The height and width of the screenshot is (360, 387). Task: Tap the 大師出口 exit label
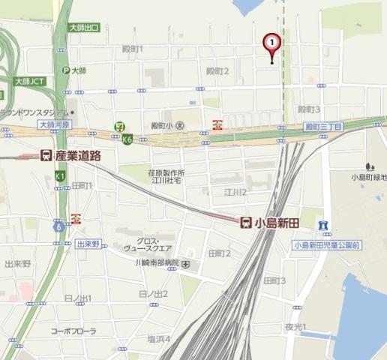[83, 27]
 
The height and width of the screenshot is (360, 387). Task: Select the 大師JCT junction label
[29, 79]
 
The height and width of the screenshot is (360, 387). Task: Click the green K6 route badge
[128, 139]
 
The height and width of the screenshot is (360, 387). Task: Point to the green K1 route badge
[60, 175]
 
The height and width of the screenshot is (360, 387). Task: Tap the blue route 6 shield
[58, 226]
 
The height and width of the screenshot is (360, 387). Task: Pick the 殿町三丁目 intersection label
[323, 127]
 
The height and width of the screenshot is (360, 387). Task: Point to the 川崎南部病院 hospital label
[146, 264]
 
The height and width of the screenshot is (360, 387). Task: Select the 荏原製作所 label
[166, 172]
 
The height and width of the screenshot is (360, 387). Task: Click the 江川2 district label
[235, 193]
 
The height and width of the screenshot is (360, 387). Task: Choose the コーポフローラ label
[73, 330]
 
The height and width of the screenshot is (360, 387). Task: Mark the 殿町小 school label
[161, 125]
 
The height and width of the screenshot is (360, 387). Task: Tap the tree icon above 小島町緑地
[368, 165]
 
